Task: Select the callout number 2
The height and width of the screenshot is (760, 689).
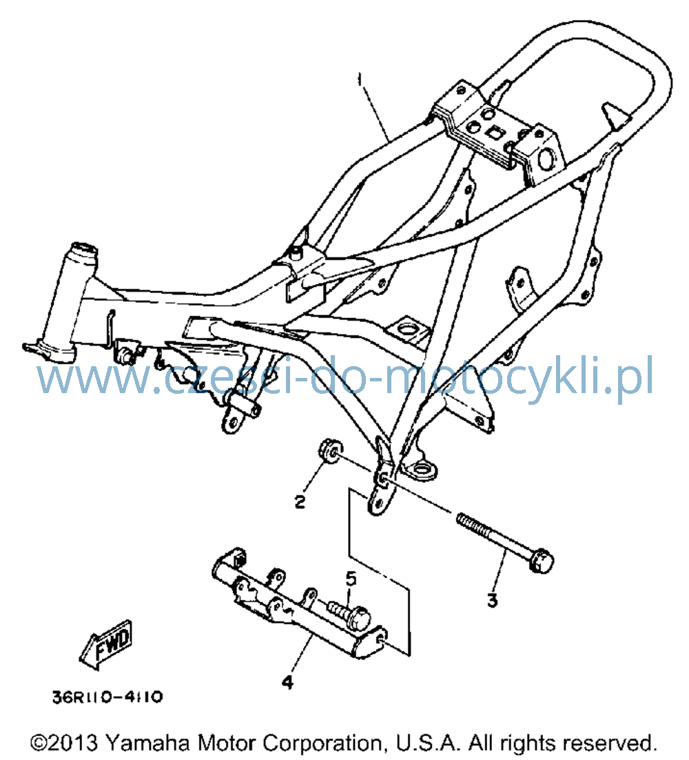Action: point(300,501)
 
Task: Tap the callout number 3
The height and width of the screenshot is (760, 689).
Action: point(493,601)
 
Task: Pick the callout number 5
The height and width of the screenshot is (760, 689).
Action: point(351,579)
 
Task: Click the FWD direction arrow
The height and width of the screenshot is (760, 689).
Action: point(106,645)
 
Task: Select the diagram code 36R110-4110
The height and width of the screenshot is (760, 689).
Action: point(107,697)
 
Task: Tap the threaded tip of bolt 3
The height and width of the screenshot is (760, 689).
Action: point(462,519)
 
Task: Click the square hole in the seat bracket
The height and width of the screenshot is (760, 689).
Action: point(493,131)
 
